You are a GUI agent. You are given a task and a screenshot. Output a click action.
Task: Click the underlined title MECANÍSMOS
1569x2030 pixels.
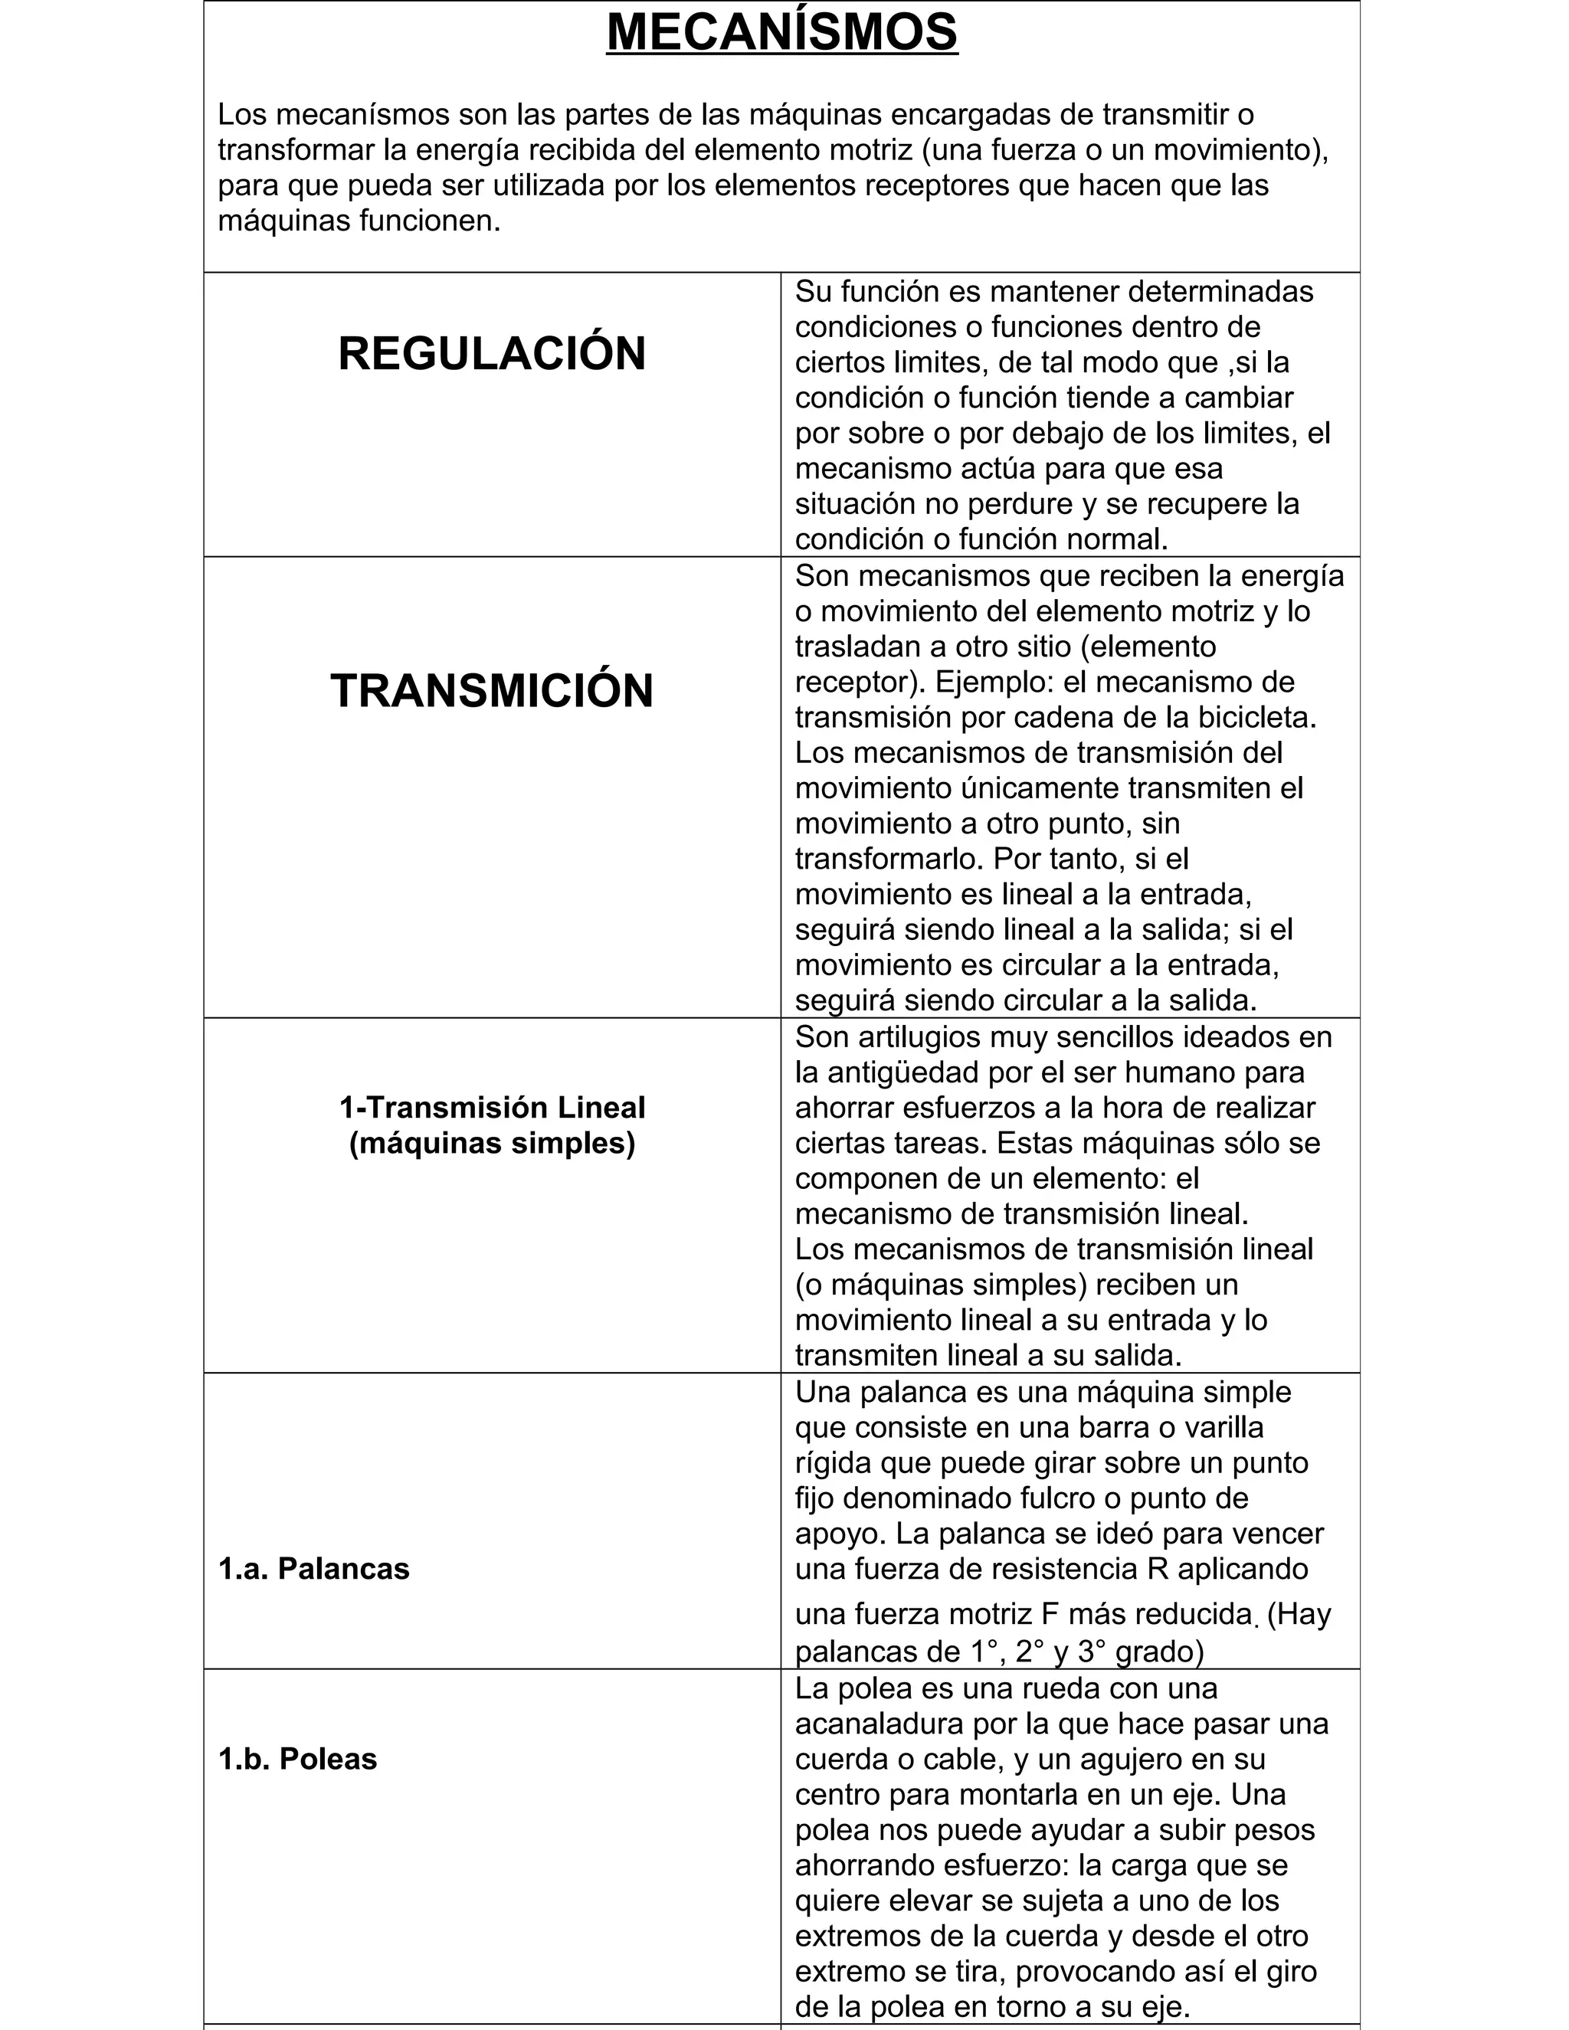(781, 31)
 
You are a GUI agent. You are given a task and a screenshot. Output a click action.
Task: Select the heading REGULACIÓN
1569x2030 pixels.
(492, 354)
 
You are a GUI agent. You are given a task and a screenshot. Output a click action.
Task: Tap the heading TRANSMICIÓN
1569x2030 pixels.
(492, 691)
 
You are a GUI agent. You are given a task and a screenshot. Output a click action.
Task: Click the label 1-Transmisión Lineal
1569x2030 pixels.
(492, 1108)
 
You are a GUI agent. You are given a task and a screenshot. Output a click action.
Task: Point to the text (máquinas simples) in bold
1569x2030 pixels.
(492, 1143)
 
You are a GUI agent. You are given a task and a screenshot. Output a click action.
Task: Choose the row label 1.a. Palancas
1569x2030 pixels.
(313, 1569)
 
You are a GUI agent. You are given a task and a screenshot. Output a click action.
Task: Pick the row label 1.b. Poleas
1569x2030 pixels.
(297, 1760)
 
